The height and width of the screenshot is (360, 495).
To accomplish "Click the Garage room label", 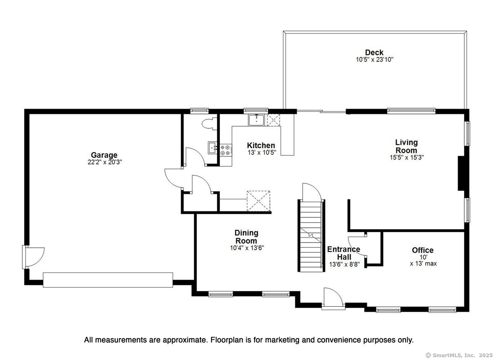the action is (104, 155).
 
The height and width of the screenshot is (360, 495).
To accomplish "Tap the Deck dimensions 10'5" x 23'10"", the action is (375, 59).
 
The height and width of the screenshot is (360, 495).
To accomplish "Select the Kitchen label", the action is (261, 145).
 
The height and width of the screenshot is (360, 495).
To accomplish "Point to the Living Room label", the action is (406, 146).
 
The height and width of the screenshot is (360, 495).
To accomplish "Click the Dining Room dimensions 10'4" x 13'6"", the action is (247, 248).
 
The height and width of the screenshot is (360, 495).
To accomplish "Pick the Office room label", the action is (422, 250).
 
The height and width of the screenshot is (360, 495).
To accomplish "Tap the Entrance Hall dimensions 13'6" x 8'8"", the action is (344, 264).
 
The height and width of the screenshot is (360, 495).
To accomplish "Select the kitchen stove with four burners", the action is (226, 150).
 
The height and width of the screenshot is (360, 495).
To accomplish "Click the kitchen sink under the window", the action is (256, 120).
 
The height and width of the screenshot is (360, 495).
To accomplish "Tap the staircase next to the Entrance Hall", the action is (311, 235).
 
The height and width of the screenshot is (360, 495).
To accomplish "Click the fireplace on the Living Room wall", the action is (461, 173).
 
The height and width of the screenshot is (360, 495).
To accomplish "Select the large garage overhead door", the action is (108, 280).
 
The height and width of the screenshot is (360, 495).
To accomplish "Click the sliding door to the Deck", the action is (321, 111).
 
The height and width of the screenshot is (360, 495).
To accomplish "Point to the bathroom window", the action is (200, 111).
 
